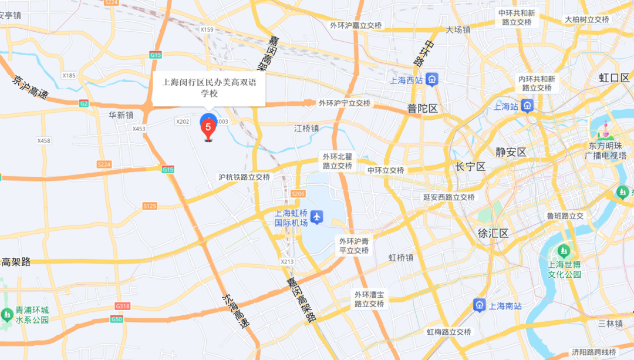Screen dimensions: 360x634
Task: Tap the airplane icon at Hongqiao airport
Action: pyautogui.click(x=317, y=217)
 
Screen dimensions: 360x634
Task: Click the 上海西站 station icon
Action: pyautogui.click(x=432, y=79)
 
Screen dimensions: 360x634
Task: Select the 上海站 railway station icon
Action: pyautogui.click(x=527, y=106)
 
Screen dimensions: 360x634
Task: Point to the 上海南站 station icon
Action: pyautogui.click(x=480, y=305)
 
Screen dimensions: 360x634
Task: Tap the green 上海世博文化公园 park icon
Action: pyautogui.click(x=564, y=251)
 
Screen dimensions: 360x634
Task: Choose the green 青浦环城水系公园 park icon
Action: pyautogui.click(x=7, y=315)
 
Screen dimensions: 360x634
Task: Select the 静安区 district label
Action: pyautogui.click(x=511, y=152)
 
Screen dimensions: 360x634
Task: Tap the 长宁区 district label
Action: pyautogui.click(x=470, y=167)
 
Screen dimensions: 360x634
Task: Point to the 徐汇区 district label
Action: pyautogui.click(x=493, y=233)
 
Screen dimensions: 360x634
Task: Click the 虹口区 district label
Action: pyautogui.click(x=613, y=78)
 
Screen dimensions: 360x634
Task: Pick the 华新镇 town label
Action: pyautogui.click(x=121, y=115)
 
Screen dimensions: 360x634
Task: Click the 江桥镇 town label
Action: pyautogui.click(x=307, y=127)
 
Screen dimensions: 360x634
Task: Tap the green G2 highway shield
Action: pyautogui.click(x=84, y=103)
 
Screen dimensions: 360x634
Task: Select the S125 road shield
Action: pyautogui.click(x=150, y=206)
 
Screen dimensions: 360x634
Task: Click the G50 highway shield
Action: pyautogui.click(x=117, y=319)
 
